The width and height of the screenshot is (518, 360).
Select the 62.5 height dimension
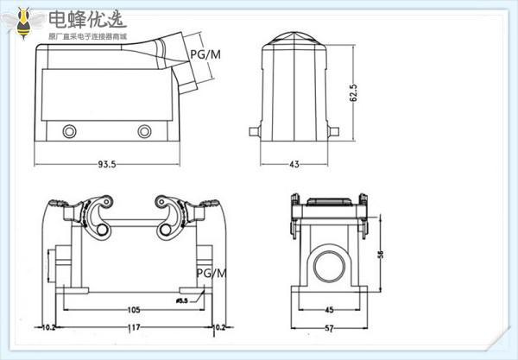pos(351,92)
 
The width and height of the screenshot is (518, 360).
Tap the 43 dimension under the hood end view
pos(294,162)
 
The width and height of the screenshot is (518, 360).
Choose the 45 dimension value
pos(329,310)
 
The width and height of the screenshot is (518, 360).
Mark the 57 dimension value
pos(329,329)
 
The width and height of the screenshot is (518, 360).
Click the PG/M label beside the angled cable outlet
pos(204,54)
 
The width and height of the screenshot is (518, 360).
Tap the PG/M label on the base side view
pos(211,274)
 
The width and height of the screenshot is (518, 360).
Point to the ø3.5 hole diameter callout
pos(182,300)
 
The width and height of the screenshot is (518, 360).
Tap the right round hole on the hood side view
pos(143,132)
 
